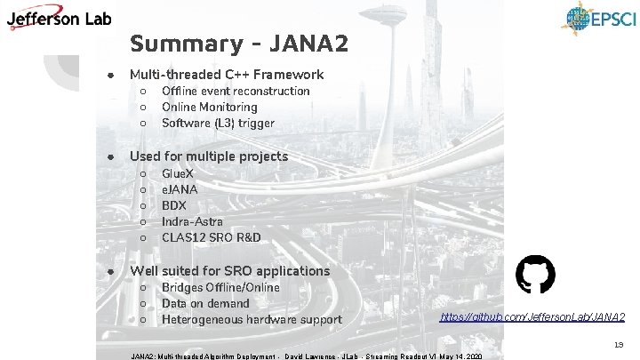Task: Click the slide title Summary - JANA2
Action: tap(239, 44)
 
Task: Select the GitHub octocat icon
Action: tap(535, 275)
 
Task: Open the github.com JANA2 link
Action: tap(532, 316)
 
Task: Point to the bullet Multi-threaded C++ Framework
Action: tap(227, 75)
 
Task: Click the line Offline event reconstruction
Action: tap(236, 92)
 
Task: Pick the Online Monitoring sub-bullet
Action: tap(209, 108)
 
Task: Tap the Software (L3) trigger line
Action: tap(218, 124)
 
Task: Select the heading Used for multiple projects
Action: tap(209, 156)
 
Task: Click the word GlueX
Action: tap(178, 173)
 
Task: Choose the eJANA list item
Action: tap(180, 189)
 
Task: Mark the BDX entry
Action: tap(173, 205)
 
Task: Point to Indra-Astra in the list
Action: tap(192, 221)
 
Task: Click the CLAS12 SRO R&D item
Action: tap(211, 237)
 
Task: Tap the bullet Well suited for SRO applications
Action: tap(229, 271)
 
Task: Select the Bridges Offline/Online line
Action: tap(220, 288)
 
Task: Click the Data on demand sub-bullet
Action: tap(205, 304)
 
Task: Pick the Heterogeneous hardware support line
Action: tap(252, 320)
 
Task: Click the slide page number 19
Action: tap(619, 343)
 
